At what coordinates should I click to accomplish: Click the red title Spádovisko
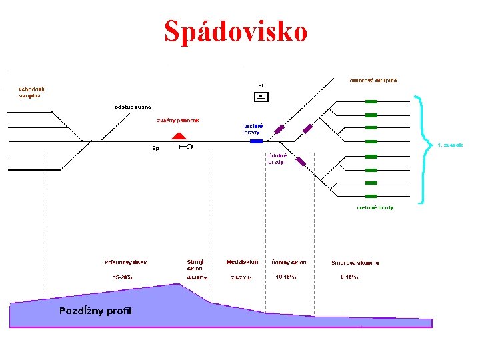236,31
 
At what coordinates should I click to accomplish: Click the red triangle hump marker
178,136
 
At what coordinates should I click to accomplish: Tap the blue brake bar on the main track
256,141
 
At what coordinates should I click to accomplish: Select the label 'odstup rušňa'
133,107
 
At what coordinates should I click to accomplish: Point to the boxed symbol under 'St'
261,97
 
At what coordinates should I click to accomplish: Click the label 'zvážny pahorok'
178,121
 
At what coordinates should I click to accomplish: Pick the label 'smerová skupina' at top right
373,80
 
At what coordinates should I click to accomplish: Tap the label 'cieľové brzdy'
375,207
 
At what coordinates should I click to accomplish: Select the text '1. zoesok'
449,145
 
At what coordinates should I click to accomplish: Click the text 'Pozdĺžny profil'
95,311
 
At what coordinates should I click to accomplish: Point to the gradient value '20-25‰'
241,277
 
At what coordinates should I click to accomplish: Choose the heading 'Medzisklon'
242,262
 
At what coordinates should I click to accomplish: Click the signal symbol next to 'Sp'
186,147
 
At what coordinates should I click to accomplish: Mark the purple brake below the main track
301,161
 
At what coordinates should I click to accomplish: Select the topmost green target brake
371,101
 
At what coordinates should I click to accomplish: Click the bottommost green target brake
371,196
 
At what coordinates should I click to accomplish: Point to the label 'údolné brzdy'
277,159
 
